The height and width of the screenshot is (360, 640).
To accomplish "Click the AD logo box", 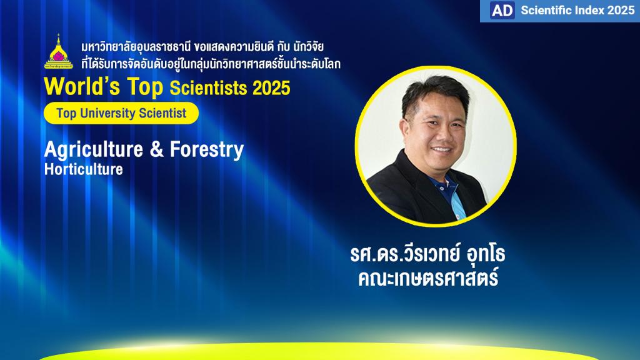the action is pos(502,10).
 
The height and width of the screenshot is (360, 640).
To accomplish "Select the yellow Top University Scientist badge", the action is pos(121,113).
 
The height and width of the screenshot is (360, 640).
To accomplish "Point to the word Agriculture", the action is pos(94,150).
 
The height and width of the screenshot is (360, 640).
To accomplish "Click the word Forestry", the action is pos(207,150).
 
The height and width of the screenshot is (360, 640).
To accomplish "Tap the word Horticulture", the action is pos(84,169).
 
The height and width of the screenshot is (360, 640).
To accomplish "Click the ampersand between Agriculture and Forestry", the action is pos(156,149).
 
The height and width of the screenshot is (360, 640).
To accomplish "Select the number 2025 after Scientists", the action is pos(271,87).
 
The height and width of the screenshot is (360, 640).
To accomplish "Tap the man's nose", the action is pos(444,135).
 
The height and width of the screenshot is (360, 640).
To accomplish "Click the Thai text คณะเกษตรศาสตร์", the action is pos(428,277).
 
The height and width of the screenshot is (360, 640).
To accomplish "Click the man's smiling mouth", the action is pos(442,150).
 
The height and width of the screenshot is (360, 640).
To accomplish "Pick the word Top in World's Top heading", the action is pos(145,87).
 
